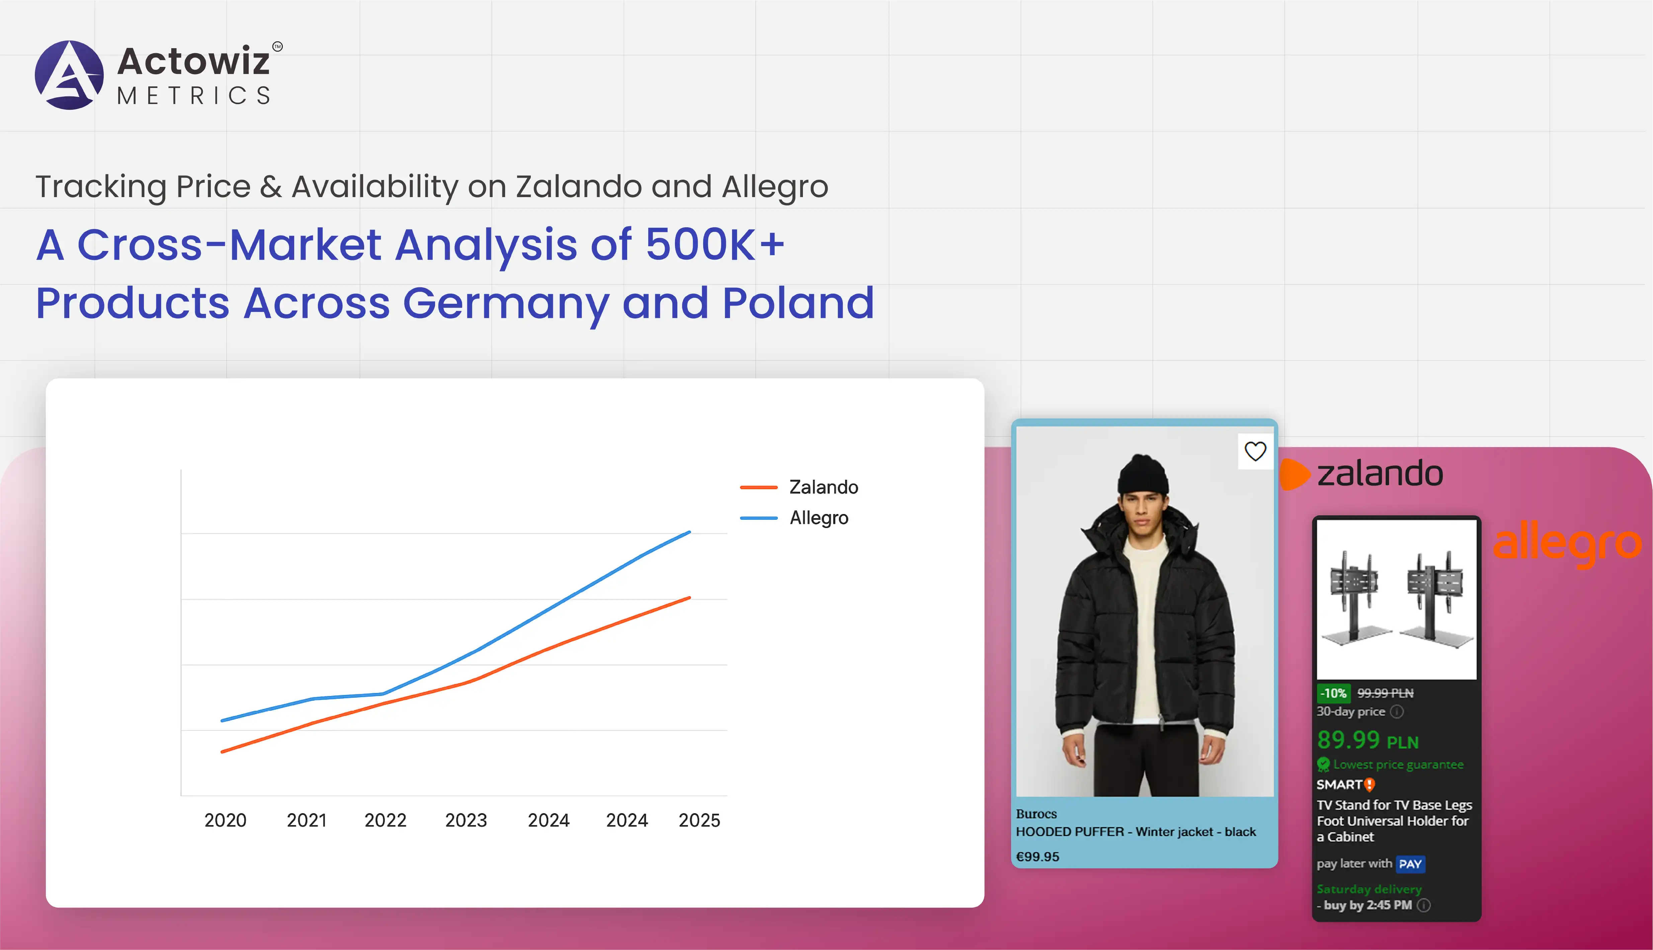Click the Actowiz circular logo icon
pyautogui.click(x=69, y=75)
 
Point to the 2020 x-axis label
pyautogui.click(x=225, y=820)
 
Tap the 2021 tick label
pyautogui.click(x=307, y=820)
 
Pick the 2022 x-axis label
pyautogui.click(x=385, y=820)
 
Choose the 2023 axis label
pyautogui.click(x=466, y=820)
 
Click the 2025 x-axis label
pyautogui.click(x=699, y=820)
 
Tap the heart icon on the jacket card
pyautogui.click(x=1255, y=451)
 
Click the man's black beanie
pyautogui.click(x=1143, y=474)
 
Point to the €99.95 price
pyautogui.click(x=1038, y=857)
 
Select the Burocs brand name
pyautogui.click(x=1036, y=813)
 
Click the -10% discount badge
pyautogui.click(x=1334, y=693)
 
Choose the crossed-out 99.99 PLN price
pyautogui.click(x=1386, y=693)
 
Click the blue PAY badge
pyautogui.click(x=1410, y=864)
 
